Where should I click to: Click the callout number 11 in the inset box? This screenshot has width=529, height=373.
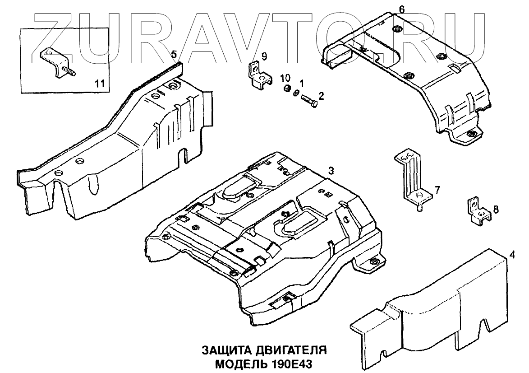coord(100,83)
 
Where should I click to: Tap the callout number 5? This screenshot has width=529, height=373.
coord(174,54)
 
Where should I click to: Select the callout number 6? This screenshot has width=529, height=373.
coord(402,9)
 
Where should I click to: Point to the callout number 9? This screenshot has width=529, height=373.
coord(264,56)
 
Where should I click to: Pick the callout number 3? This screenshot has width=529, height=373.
coord(331,171)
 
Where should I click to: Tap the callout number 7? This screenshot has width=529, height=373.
coord(437,189)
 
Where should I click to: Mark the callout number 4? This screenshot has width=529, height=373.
coord(511,255)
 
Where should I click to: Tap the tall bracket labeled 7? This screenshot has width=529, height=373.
coord(413,178)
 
